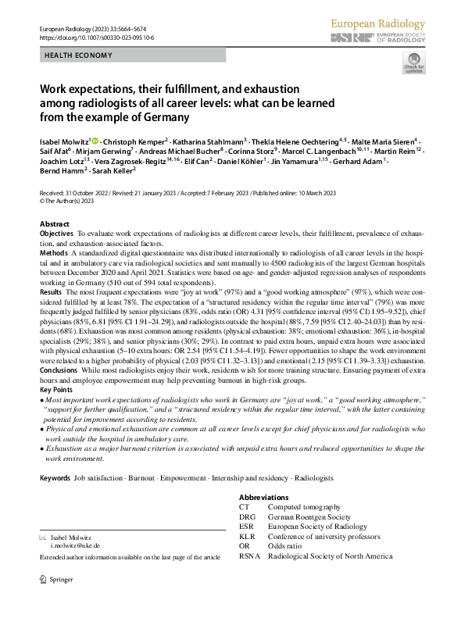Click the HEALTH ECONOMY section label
(x=78, y=55)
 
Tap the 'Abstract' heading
(x=54, y=223)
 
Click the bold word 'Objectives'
(x=56, y=234)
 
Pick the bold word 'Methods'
(x=53, y=254)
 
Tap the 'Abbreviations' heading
(x=263, y=498)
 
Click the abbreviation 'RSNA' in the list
(x=249, y=556)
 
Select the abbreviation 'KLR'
(x=247, y=537)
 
